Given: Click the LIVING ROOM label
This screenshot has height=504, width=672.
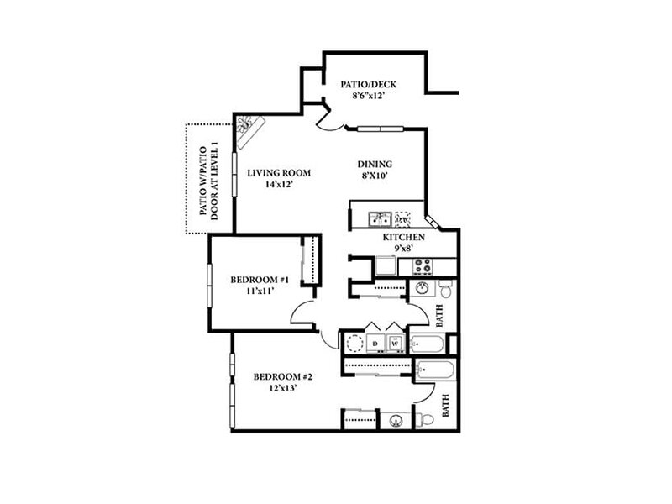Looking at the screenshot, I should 279,173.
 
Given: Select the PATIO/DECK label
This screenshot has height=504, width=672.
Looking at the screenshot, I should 368,85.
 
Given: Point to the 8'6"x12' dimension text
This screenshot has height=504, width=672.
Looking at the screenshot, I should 368,97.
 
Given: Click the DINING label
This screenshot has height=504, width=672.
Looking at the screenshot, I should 375,165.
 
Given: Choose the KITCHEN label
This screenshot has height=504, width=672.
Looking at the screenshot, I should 402,238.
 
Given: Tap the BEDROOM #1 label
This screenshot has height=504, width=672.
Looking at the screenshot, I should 260,280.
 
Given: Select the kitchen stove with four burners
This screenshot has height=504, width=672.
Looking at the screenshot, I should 422,267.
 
